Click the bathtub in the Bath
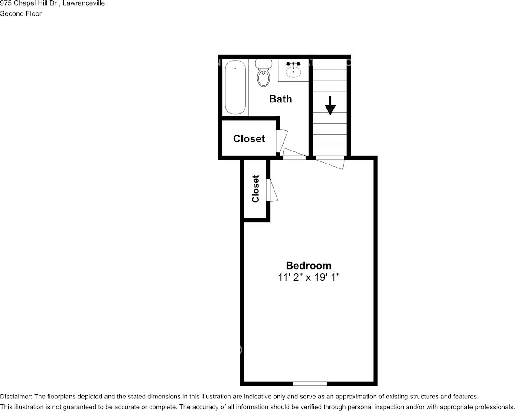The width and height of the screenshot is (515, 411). [x=236, y=88]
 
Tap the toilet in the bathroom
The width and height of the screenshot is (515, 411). [x=263, y=75]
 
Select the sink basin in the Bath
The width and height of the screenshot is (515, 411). [x=293, y=71]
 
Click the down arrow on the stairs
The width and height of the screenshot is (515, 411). [x=330, y=105]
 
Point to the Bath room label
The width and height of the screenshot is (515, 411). [x=280, y=99]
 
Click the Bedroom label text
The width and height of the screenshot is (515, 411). [x=308, y=265]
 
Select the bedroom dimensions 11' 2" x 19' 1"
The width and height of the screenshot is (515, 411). [x=308, y=277]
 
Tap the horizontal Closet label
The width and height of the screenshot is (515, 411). [x=249, y=139]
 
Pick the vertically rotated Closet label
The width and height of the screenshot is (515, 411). [x=256, y=189]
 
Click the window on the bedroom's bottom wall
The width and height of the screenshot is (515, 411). [x=310, y=384]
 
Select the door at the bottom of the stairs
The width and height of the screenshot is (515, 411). [x=330, y=162]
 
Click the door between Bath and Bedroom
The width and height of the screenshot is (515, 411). [x=294, y=154]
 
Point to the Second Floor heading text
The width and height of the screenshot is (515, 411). [x=21, y=13]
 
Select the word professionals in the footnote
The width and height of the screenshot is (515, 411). [x=493, y=407]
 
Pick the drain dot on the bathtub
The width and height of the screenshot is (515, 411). [x=235, y=69]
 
